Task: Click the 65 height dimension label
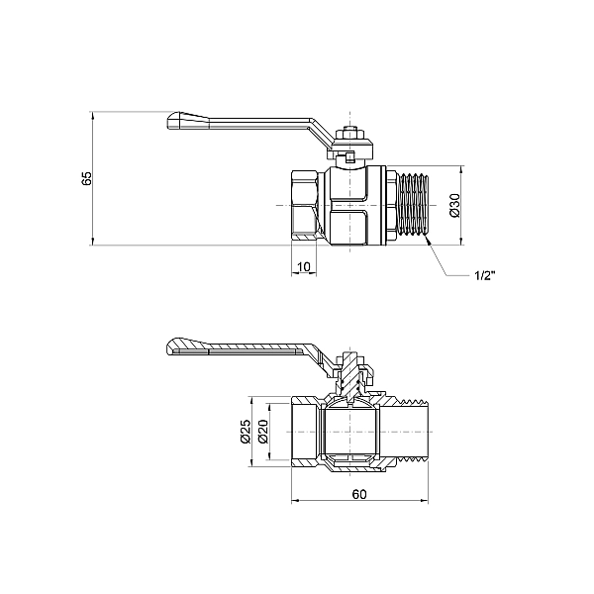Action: (x=87, y=178)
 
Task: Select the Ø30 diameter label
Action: (x=454, y=206)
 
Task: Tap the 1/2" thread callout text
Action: (x=485, y=275)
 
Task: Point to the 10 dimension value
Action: (x=304, y=267)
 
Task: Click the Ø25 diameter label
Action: (x=246, y=431)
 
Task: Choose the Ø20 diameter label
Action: (x=263, y=432)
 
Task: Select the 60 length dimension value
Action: (x=359, y=494)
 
